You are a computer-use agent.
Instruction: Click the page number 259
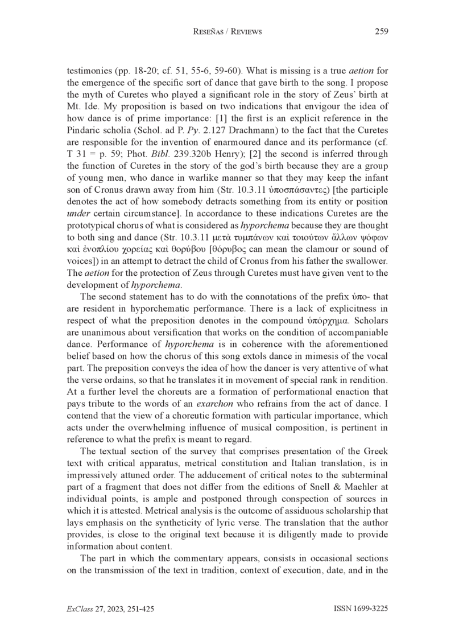pos(381,32)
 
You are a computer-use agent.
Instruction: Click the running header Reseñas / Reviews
pos(227,32)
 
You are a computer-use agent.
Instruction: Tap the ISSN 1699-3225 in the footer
pos(360,608)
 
